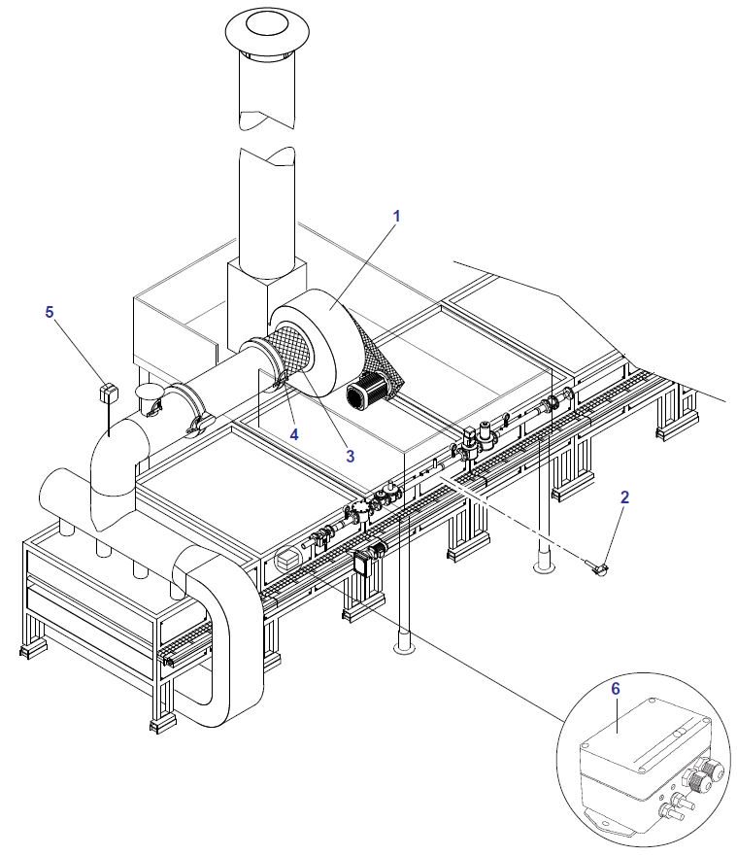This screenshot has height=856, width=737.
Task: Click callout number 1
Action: point(396,214)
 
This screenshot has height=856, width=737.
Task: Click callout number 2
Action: point(625,496)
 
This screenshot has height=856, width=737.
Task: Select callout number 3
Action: point(350,454)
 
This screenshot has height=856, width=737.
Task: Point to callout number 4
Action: point(294,433)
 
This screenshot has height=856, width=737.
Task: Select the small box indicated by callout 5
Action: point(109,393)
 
